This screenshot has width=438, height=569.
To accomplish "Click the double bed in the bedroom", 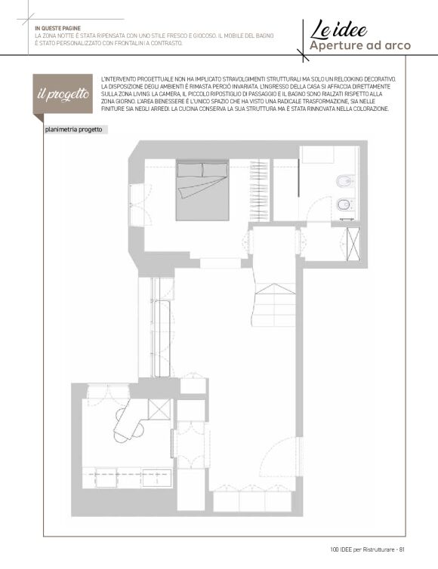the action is [x=202, y=191].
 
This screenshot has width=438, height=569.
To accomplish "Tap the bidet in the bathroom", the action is [x=344, y=180].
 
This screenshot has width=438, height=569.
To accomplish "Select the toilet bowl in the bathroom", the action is [x=344, y=205].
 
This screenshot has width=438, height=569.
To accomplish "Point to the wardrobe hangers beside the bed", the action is [x=259, y=190].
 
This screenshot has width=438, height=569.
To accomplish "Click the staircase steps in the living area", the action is [x=275, y=305].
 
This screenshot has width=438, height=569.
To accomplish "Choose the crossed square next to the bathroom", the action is [x=353, y=245].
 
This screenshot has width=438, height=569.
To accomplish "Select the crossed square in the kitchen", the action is [x=159, y=409].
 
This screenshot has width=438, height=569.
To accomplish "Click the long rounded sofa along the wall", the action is [x=162, y=339].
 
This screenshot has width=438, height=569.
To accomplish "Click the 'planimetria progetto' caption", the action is [x=74, y=130].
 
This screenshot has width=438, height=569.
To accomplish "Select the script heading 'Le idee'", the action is [x=338, y=29].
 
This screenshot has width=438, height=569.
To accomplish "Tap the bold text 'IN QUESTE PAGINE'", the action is [x=57, y=29].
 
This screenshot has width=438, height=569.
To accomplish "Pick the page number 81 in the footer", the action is [x=402, y=549].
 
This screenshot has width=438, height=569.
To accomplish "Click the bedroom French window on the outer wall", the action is [x=137, y=205].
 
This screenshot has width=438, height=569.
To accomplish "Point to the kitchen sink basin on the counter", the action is [x=157, y=477].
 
